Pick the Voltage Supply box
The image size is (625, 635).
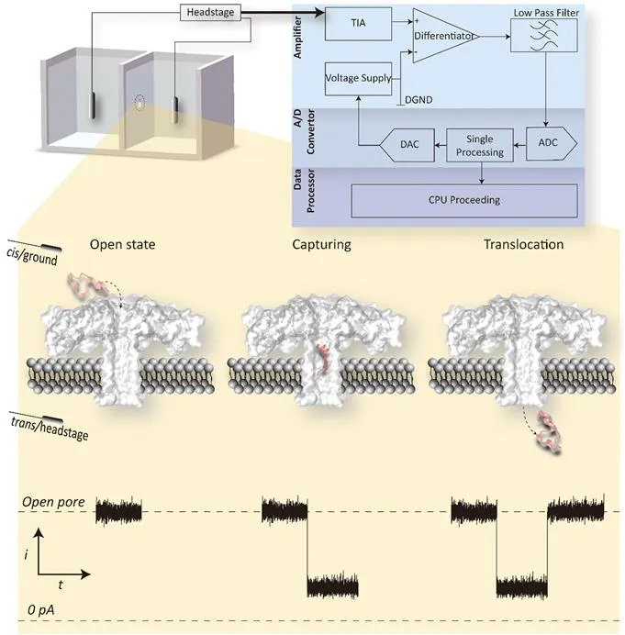click(x=359, y=79)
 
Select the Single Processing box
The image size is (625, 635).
click(x=481, y=146)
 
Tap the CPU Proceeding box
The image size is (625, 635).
click(x=463, y=200)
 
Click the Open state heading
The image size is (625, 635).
click(x=123, y=245)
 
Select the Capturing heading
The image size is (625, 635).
click(x=320, y=245)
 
